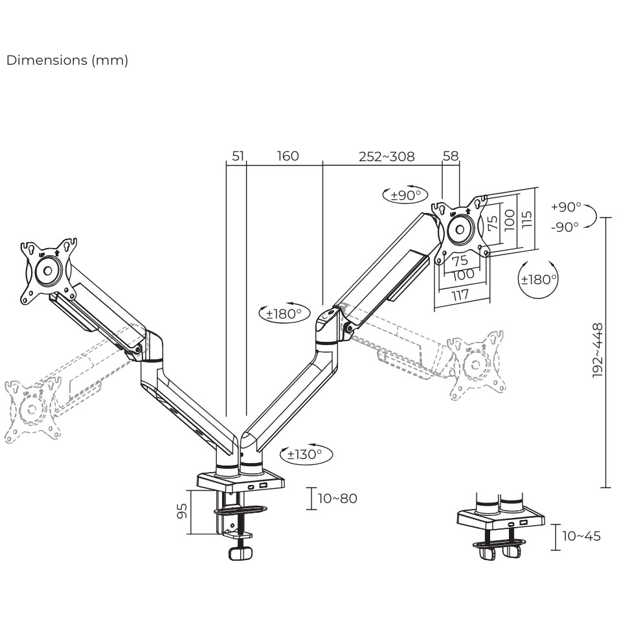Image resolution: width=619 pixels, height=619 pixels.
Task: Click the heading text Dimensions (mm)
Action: (x=67, y=60)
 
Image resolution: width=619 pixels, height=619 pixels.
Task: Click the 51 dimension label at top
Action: (x=238, y=156)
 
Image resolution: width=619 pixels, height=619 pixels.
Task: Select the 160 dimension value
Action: (x=287, y=156)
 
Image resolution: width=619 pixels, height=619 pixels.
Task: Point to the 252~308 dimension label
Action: (x=387, y=156)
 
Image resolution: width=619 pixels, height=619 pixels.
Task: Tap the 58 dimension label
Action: (x=450, y=156)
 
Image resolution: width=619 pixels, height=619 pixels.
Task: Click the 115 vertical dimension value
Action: (x=528, y=219)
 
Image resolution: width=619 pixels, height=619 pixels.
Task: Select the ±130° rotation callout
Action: (x=305, y=455)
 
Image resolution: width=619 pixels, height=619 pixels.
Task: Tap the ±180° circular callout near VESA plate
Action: (x=539, y=279)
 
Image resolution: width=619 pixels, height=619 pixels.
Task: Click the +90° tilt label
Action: (x=566, y=207)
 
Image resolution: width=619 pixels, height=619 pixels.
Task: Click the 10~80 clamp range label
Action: (x=337, y=499)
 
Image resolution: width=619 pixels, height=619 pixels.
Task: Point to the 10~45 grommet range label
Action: (x=581, y=536)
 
